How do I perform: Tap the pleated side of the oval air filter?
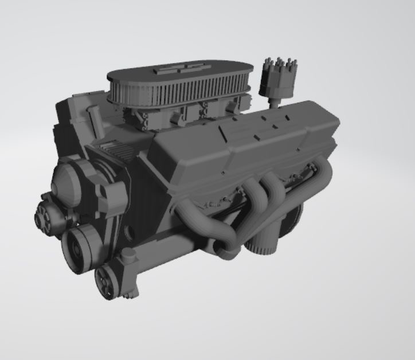[x=166, y=95]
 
